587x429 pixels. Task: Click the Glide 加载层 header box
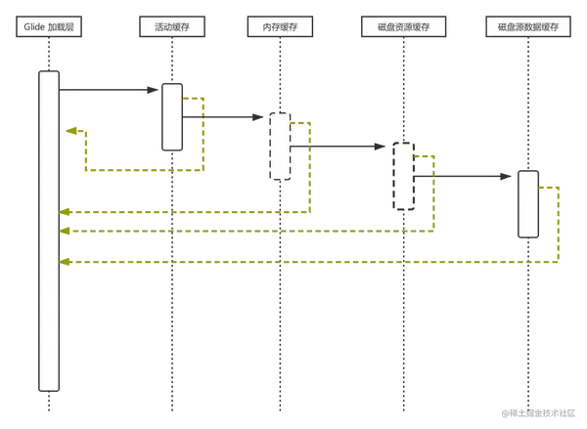(47, 26)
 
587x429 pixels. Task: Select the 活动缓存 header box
(171, 26)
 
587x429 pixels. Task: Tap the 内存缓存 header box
(282, 26)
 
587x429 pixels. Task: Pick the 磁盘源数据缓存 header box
(527, 26)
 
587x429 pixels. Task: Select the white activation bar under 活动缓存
(171, 117)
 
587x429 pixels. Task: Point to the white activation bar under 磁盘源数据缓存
(527, 203)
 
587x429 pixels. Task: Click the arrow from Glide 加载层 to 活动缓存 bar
(108, 91)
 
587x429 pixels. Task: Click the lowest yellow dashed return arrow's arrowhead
(65, 262)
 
